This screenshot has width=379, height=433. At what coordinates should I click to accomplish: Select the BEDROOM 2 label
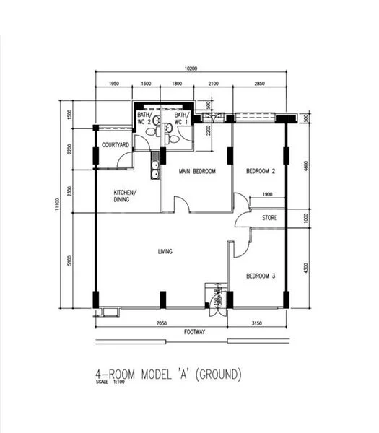click(x=261, y=171)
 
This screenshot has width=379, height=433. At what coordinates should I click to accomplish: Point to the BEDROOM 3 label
click(x=261, y=276)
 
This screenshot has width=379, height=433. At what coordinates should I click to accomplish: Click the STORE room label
click(x=270, y=217)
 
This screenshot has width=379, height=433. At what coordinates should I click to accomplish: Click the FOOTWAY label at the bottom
click(x=194, y=334)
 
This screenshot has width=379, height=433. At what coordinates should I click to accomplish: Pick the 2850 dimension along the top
click(x=259, y=84)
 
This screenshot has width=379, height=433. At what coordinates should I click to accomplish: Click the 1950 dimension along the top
click(x=114, y=84)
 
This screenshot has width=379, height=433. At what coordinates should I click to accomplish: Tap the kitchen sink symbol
click(x=154, y=170)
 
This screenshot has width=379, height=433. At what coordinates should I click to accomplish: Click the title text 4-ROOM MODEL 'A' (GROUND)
click(x=168, y=375)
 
